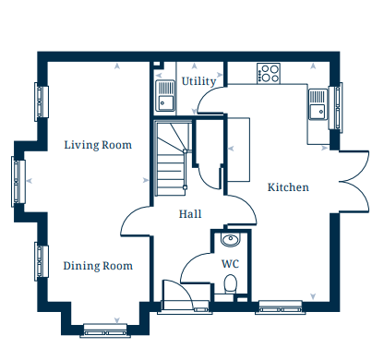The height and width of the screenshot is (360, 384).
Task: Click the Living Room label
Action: point(98,145)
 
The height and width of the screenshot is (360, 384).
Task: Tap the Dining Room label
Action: point(98,266)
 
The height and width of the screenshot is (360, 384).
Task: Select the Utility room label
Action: point(198,81)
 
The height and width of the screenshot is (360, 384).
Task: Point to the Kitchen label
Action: point(288,187)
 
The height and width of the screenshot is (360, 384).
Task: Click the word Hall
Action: point(190,214)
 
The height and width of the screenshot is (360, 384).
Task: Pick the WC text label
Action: point(231,264)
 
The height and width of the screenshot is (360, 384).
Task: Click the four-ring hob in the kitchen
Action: point(269,73)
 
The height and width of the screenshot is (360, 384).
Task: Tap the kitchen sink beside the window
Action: point(318,104)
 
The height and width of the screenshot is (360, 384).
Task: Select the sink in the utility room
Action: point(165,95)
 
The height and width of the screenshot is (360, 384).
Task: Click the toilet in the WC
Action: point(230,284)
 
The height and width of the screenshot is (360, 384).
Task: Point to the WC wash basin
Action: point(230,239)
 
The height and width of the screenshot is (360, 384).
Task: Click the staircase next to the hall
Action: point(172,159)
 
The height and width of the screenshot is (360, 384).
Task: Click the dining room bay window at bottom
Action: point(105,330)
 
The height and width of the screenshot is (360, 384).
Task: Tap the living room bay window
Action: point(18,182)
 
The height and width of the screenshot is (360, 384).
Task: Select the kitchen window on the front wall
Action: point(281,307)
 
